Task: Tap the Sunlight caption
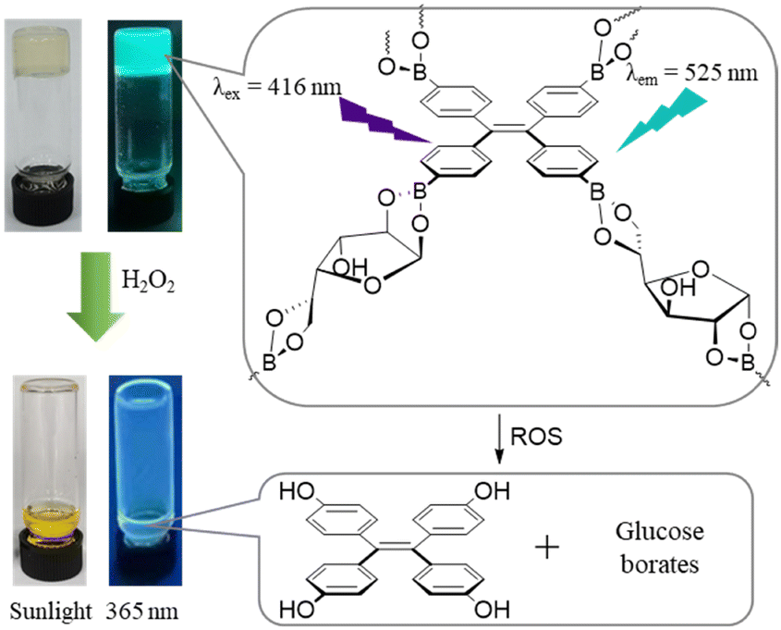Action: pyautogui.click(x=45, y=611)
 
